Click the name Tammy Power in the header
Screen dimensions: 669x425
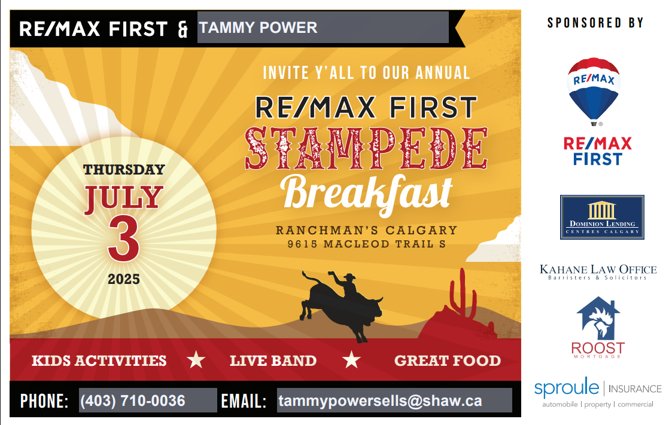[258, 27]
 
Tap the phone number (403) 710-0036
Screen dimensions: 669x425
[133, 400]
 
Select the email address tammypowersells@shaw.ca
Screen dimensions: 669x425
[380, 400]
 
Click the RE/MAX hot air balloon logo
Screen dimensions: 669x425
[594, 91]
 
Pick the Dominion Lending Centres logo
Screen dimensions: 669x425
[602, 217]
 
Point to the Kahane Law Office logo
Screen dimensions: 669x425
[598, 272]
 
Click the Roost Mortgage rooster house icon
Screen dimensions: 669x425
[598, 318]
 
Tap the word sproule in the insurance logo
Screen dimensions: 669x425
[567, 387]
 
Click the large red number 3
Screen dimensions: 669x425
[124, 238]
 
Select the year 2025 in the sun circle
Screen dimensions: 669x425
[124, 279]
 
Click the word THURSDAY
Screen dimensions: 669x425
[124, 170]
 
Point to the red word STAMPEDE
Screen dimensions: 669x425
[366, 148]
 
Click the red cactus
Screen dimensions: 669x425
[463, 293]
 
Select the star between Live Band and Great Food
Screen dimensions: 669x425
[352, 360]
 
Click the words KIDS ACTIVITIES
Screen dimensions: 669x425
[99, 360]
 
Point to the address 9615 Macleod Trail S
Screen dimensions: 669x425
[366, 244]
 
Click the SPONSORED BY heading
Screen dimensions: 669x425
[595, 23]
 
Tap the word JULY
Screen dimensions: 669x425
[124, 198]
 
